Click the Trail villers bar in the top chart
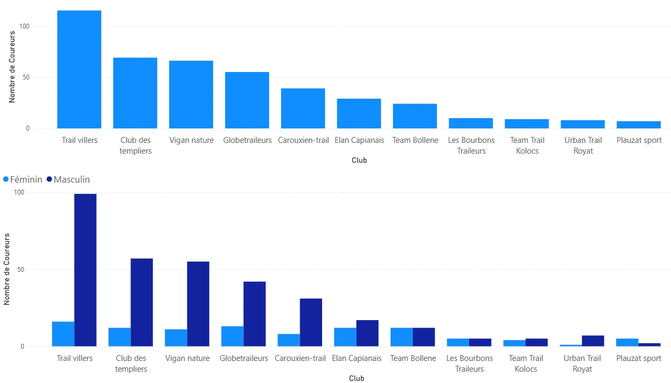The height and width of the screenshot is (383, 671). [x=79, y=69]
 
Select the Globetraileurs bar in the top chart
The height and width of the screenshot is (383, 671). [x=247, y=100]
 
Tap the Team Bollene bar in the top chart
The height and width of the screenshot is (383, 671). [x=414, y=116]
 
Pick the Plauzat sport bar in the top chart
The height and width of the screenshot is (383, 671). [x=638, y=125]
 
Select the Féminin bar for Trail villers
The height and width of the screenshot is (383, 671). [x=63, y=334]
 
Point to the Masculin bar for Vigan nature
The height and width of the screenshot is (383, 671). [x=198, y=303]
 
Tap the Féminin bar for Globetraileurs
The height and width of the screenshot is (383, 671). [x=232, y=336]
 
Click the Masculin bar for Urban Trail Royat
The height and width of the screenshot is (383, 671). [x=593, y=341]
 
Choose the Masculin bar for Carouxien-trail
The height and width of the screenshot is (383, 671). [x=311, y=322]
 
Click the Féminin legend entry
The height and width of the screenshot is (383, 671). [x=23, y=179]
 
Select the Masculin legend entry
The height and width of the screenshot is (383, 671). [x=68, y=179]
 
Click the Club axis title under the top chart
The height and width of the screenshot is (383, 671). [x=359, y=160]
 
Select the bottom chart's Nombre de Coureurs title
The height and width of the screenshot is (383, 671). [x=7, y=269]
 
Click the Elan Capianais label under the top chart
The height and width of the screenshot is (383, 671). [x=359, y=140]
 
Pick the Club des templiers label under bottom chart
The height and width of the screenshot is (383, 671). [x=131, y=363]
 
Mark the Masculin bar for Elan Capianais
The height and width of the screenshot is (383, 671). [x=367, y=333]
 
